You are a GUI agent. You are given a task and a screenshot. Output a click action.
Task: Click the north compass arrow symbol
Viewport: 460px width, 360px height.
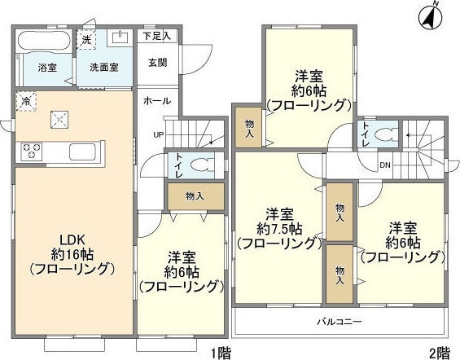click(x=432, y=15)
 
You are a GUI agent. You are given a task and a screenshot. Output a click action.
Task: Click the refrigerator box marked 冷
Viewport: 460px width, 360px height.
click(x=25, y=103)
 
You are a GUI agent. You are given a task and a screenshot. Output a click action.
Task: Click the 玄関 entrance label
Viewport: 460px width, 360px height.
click(x=157, y=63)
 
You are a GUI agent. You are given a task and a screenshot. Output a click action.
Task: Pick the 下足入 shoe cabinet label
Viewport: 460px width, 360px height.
click(x=156, y=36)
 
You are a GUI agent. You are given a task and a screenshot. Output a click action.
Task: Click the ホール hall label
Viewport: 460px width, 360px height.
click(x=156, y=101)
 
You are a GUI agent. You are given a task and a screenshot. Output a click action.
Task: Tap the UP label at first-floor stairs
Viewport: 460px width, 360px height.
click(x=159, y=134)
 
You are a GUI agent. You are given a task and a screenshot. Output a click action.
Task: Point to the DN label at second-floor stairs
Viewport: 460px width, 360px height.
click(x=384, y=167)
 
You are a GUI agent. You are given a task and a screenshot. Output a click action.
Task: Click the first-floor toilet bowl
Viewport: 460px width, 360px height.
click(x=199, y=164)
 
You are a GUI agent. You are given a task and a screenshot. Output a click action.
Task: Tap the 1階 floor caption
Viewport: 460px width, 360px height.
click(x=220, y=352)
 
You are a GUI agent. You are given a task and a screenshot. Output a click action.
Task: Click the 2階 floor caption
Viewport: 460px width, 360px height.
click(x=439, y=352)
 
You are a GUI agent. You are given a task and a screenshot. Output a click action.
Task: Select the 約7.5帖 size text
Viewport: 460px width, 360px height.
click(x=277, y=229)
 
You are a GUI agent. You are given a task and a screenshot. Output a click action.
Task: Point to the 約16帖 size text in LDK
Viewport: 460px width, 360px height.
click(x=72, y=252)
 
